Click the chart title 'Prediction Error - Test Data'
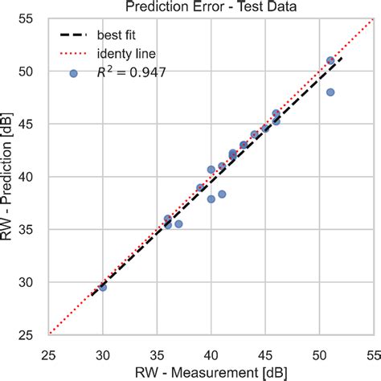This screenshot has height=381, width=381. tap(210, 7)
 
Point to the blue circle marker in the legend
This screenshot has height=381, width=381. tap(73, 73)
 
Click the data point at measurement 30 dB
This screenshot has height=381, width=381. tap(103, 286)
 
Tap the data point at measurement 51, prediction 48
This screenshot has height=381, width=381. tap(330, 92)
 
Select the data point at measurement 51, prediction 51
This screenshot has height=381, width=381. tap(330, 60)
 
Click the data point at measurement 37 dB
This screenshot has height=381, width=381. tap(178, 224)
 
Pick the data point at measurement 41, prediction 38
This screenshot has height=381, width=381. tap(222, 194)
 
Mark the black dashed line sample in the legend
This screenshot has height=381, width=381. tap(73, 35)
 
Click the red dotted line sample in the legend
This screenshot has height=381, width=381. tap(73, 54)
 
